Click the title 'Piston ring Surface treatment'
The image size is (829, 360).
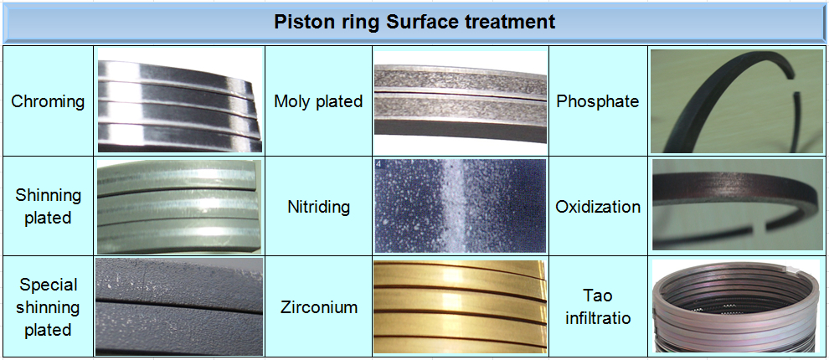pos(414,22)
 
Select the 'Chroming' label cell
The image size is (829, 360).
pos(48,101)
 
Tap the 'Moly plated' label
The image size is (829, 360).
pos(318,101)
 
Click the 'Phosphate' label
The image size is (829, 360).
pos(598,101)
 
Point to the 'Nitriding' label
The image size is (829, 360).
pos(318,206)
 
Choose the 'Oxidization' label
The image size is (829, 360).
pos(598,206)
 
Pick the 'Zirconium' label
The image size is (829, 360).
pos(318,306)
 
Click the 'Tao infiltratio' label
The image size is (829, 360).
pos(598,306)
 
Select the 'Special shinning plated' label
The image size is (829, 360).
pos(48,306)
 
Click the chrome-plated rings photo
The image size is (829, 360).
pos(179,100)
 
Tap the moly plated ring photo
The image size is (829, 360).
pos(459,100)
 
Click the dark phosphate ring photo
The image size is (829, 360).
pos(737,100)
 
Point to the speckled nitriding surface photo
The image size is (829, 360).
pos(459,206)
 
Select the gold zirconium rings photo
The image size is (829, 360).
pos(459,306)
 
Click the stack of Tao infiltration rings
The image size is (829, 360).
pos(737,306)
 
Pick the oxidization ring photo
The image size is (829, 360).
pos(737,206)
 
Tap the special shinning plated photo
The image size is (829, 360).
pos(179,306)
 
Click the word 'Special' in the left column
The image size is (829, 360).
pos(48,285)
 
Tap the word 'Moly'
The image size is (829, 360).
pos(293,101)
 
